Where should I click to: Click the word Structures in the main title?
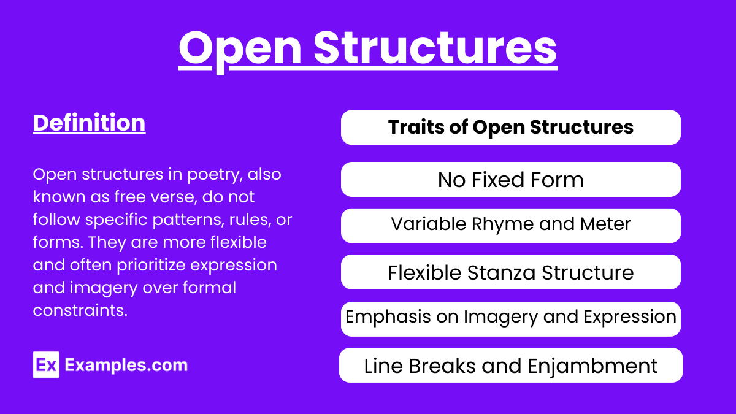tap(435, 48)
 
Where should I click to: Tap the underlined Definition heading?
tap(89, 123)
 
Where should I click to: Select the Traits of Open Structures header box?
tap(510, 128)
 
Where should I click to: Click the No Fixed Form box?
tap(510, 179)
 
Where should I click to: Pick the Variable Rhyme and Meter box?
tap(510, 226)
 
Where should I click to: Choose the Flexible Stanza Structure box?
tap(510, 272)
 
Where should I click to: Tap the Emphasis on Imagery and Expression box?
tap(510, 319)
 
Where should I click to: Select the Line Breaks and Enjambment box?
tap(510, 366)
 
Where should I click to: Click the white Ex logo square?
tap(46, 365)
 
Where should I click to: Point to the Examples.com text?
tap(126, 365)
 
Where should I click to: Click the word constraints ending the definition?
tap(80, 310)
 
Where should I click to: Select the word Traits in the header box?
tap(416, 127)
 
